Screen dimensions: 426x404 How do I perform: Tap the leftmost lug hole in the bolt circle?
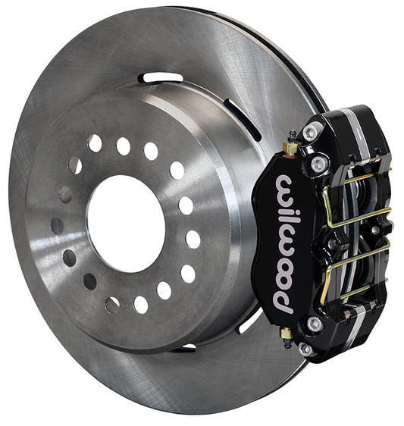tap(58, 226)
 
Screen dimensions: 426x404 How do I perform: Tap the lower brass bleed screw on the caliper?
tap(286, 334)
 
